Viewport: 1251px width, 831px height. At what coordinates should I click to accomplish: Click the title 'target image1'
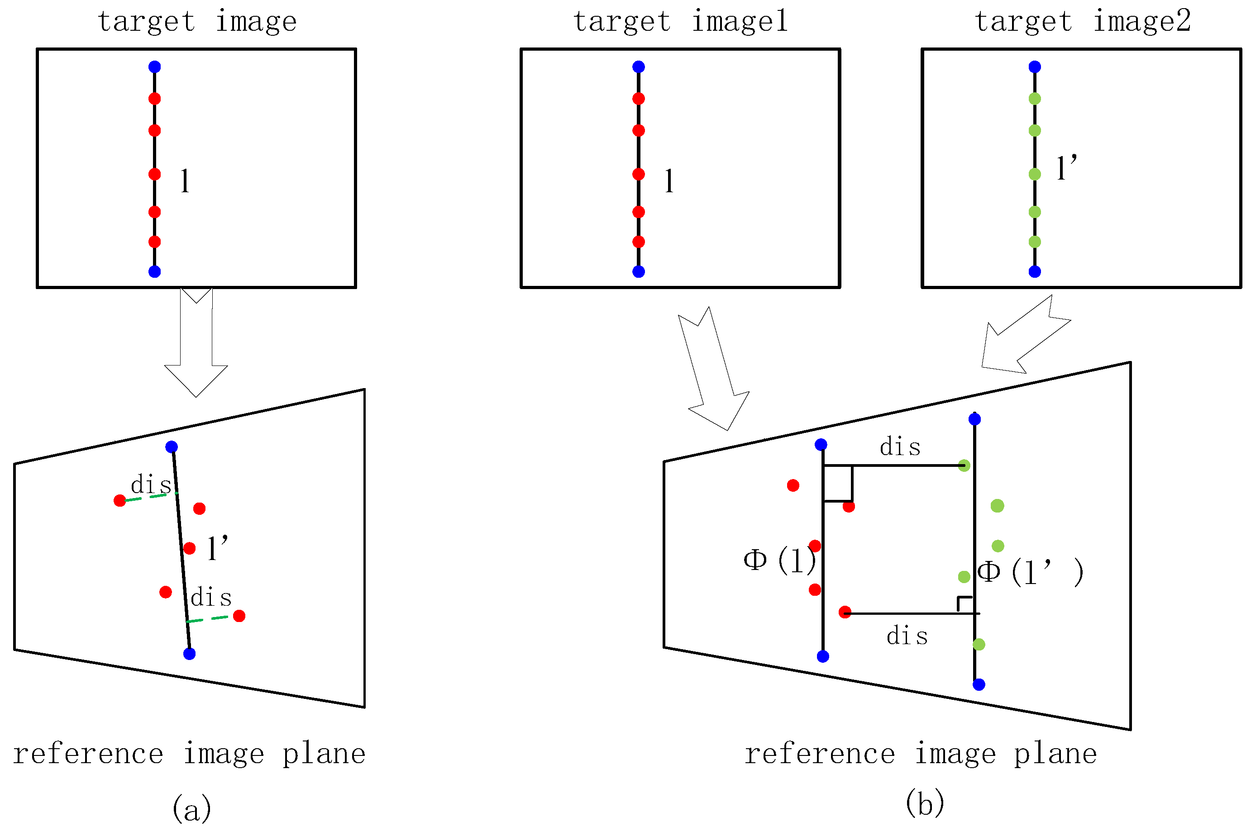pyautogui.click(x=680, y=22)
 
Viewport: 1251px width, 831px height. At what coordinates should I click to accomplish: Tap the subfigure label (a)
pyautogui.click(x=192, y=809)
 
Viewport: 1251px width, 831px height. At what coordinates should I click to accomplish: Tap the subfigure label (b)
pyautogui.click(x=925, y=803)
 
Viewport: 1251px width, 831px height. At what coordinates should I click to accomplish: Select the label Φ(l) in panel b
pyautogui.click(x=779, y=560)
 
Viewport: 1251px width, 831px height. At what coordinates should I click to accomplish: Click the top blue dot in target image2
pyautogui.click(x=1034, y=67)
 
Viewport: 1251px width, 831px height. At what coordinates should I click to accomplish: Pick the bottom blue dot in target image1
pyautogui.click(x=638, y=271)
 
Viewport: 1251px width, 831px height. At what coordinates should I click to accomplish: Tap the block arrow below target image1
pyautogui.click(x=713, y=371)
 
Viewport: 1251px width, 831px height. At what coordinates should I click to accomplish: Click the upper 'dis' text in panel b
pyautogui.click(x=900, y=447)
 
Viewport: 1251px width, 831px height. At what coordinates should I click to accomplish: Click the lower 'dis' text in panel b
pyautogui.click(x=907, y=636)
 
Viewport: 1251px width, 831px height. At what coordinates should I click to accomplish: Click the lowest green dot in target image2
pyautogui.click(x=1034, y=242)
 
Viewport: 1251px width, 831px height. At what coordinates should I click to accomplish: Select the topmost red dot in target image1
pyautogui.click(x=638, y=99)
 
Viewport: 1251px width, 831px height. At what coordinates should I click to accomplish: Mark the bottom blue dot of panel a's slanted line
pyautogui.click(x=189, y=654)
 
